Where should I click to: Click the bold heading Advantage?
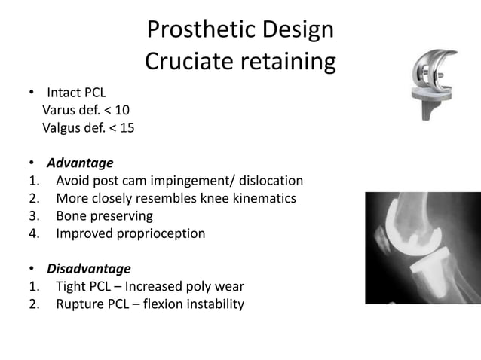click(80, 163)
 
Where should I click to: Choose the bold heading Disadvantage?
click(89, 269)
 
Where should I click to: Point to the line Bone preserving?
click(104, 216)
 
